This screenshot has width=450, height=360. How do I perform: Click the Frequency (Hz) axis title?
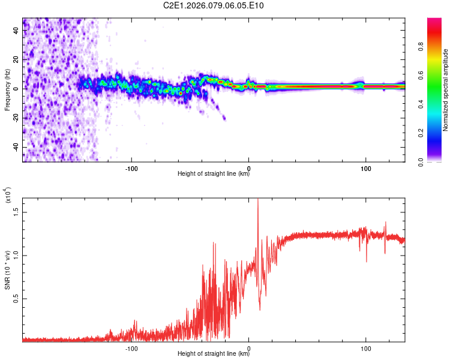7,90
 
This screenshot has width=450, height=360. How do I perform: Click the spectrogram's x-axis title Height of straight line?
214,174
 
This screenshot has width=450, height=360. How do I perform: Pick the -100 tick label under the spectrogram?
131,167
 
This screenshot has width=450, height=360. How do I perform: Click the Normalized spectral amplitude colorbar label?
445,90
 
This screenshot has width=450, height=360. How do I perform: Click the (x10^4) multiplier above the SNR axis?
7,196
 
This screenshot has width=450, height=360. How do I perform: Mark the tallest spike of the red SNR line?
258,199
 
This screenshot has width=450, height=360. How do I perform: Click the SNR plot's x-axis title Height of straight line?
214,353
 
